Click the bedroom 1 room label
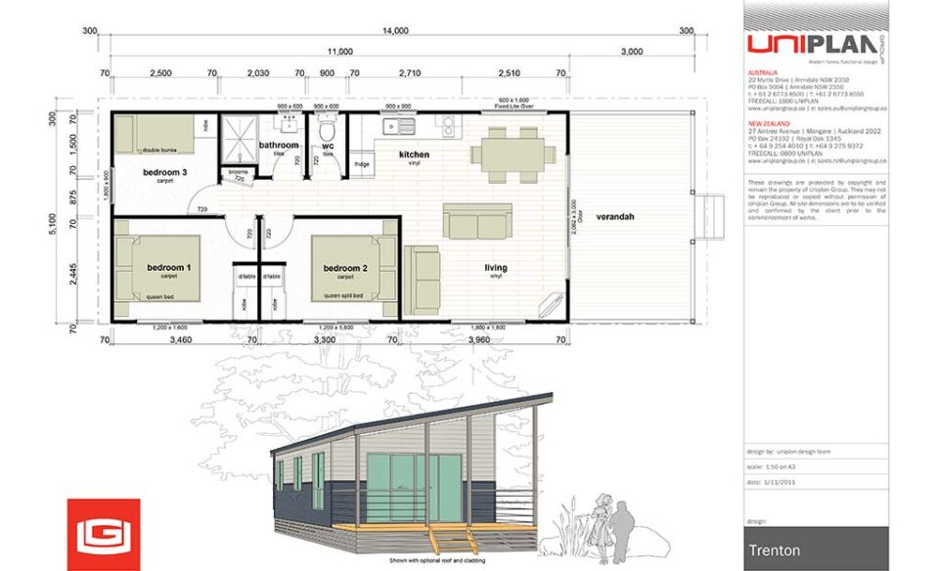(x=168, y=267)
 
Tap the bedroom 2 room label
(x=345, y=268)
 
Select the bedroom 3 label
(x=164, y=173)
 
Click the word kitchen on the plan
(x=414, y=154)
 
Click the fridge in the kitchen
(x=362, y=164)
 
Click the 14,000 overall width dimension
(x=395, y=31)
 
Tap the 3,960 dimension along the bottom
(x=478, y=339)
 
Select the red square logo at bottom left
(x=103, y=534)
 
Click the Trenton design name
(x=775, y=550)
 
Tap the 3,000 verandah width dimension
(x=631, y=51)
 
